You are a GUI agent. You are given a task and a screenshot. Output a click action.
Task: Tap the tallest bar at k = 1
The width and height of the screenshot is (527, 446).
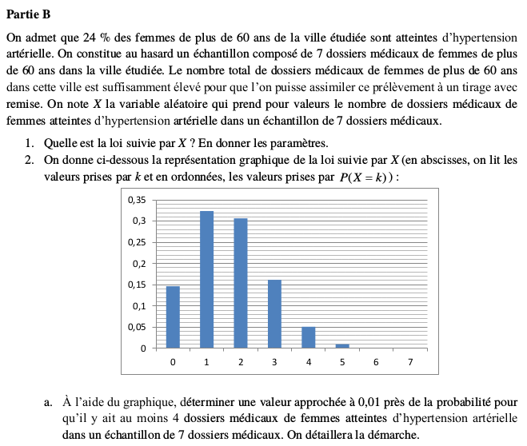pos(206,280)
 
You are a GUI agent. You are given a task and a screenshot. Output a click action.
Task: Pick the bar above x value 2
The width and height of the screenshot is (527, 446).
pos(241,283)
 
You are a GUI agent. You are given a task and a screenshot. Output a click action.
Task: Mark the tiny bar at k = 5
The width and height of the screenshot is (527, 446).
pos(342,346)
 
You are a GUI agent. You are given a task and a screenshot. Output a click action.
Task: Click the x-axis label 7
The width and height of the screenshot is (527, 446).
pos(410,362)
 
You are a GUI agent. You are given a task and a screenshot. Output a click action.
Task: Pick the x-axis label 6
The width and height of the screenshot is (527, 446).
pos(376,362)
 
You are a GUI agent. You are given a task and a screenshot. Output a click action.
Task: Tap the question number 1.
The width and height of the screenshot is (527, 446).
pos(29,143)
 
